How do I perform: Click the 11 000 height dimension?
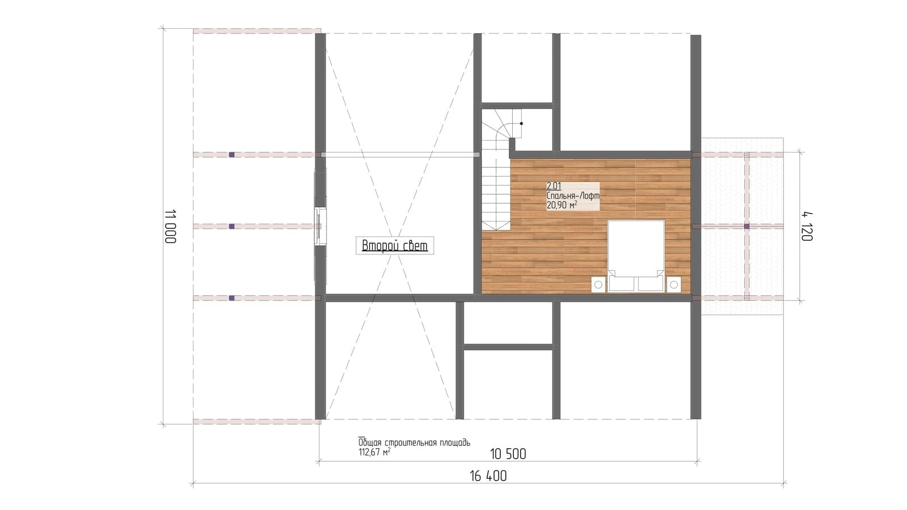click(171, 226)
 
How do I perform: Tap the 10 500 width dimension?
click(508, 454)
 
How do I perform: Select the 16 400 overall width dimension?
click(488, 476)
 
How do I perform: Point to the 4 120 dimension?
click(807, 227)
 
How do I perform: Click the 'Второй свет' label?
click(395, 245)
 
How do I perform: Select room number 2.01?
click(554, 186)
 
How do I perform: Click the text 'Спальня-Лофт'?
click(573, 195)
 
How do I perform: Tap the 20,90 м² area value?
click(562, 206)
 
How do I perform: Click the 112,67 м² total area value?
click(374, 452)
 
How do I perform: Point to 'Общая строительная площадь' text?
click(414, 443)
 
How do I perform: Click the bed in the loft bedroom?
click(636, 255)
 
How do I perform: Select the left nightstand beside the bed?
click(598, 284)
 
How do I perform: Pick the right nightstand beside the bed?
click(674, 284)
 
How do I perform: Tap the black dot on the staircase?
click(521, 124)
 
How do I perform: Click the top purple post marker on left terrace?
click(231, 155)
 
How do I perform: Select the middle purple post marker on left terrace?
click(231, 227)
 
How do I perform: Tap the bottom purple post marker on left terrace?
click(231, 298)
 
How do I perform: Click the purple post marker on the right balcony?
click(746, 227)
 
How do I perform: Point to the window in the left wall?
click(320, 226)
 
